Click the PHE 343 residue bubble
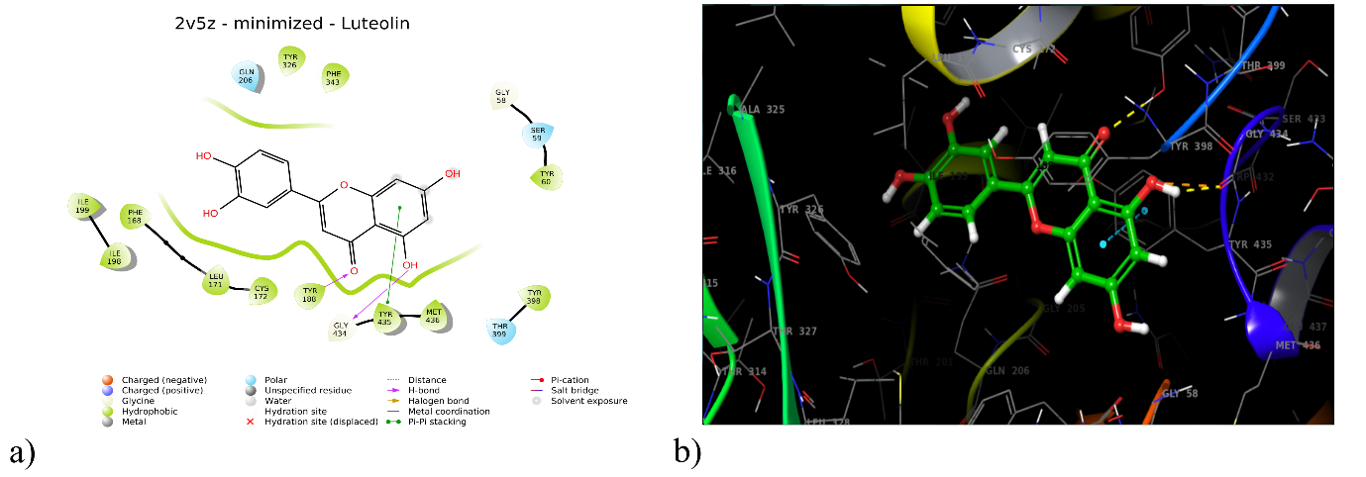(x=333, y=76)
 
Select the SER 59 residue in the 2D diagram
(x=537, y=134)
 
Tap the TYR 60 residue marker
(x=546, y=177)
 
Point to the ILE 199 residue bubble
(x=83, y=206)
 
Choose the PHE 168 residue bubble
(x=134, y=216)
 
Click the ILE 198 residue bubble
(x=115, y=257)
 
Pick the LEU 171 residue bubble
(x=215, y=280)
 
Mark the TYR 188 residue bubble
(x=310, y=294)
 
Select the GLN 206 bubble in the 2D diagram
(x=246, y=75)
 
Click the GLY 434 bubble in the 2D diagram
(x=341, y=329)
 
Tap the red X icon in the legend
(x=251, y=422)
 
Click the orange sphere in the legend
(x=107, y=380)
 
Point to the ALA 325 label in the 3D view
(x=763, y=110)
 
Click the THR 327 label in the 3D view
(x=795, y=332)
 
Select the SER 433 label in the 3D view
(x=1304, y=120)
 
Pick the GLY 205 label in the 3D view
(x=1065, y=309)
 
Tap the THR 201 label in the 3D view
(x=930, y=362)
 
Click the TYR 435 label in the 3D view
(x=1250, y=244)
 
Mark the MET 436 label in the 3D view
(x=1299, y=345)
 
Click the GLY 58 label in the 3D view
(x=1180, y=394)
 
